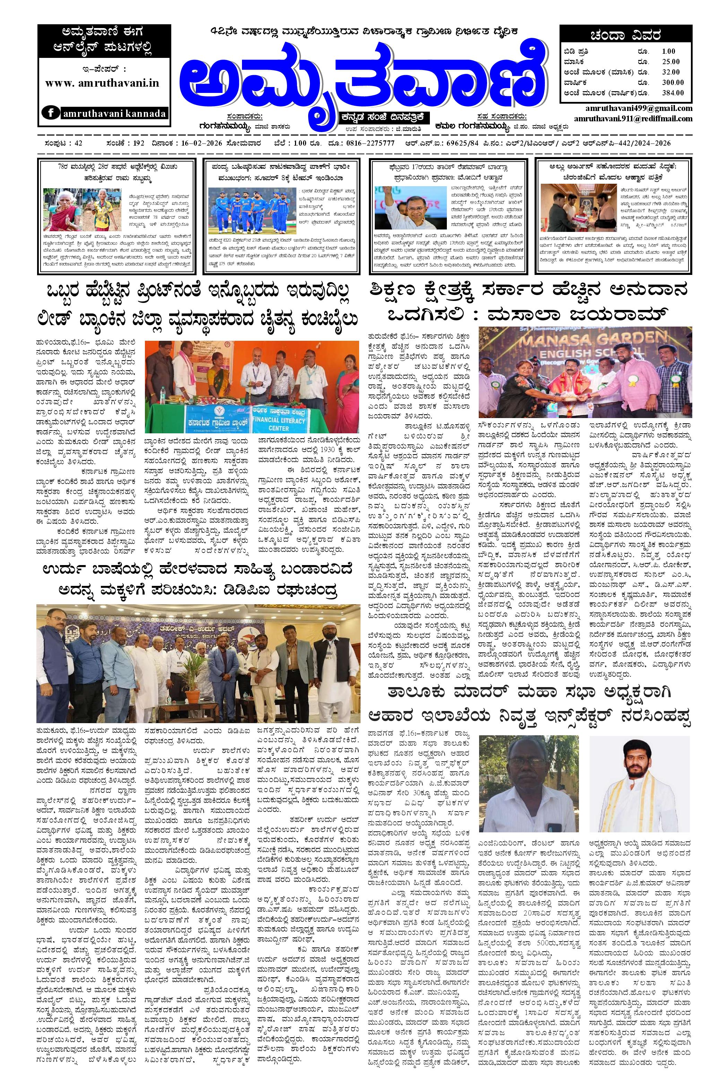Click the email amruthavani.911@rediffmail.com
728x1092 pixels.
pos(633,119)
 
